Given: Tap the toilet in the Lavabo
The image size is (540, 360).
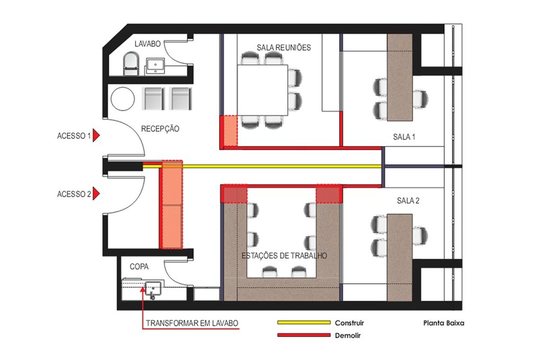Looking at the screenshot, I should (130, 64).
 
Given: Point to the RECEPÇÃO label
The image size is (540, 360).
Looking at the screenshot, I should (160, 129).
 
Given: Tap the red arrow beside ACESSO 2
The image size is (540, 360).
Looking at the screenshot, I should (97, 194).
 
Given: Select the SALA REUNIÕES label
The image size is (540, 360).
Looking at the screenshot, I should (284, 47).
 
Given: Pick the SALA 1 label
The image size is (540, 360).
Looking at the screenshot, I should (404, 137).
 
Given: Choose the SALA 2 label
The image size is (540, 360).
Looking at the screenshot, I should (408, 201).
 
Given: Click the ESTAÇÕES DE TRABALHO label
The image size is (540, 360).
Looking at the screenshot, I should (284, 256).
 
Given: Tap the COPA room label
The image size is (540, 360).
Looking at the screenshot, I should (139, 267).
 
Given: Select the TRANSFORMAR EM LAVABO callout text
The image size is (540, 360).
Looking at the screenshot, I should (192, 323).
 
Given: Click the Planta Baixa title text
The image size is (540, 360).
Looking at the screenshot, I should (443, 323).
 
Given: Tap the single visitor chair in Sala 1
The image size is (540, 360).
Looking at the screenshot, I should (420, 98).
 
